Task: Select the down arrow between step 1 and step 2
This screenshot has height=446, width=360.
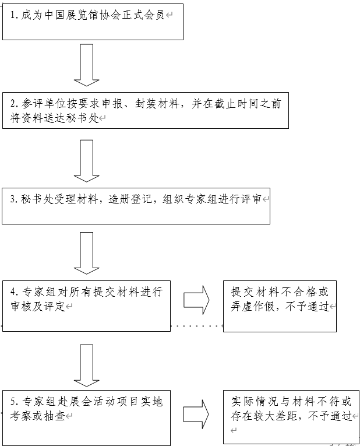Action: pyautogui.click(x=87, y=64)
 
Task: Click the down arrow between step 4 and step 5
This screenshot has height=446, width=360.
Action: pyautogui.click(x=87, y=365)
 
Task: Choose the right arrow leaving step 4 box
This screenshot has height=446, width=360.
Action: pyautogui.click(x=196, y=299)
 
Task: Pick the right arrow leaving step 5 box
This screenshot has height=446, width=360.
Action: pyautogui.click(x=196, y=413)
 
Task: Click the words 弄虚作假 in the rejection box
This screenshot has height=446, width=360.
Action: pyautogui.click(x=252, y=306)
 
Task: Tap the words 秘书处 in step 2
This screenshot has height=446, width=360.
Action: pyautogui.click(x=84, y=118)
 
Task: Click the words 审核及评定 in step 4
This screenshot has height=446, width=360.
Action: pyautogui.click(x=37, y=306)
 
